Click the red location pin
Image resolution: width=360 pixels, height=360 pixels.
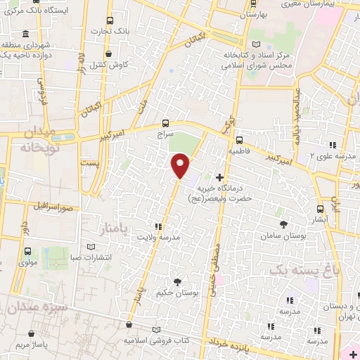[x=181, y=165]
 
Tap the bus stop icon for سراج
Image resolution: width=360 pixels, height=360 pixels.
[x=165, y=120]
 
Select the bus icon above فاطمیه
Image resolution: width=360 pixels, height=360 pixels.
[x=240, y=139]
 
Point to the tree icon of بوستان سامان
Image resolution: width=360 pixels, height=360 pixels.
[x=283, y=224]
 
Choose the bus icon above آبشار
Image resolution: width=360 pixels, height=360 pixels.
[x=321, y=209]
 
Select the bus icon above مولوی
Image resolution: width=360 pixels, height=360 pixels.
[x=27, y=251]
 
